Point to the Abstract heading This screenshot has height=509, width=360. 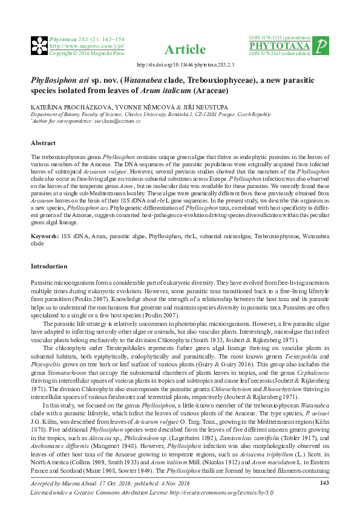[44, 143]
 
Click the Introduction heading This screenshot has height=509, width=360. [49, 267]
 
